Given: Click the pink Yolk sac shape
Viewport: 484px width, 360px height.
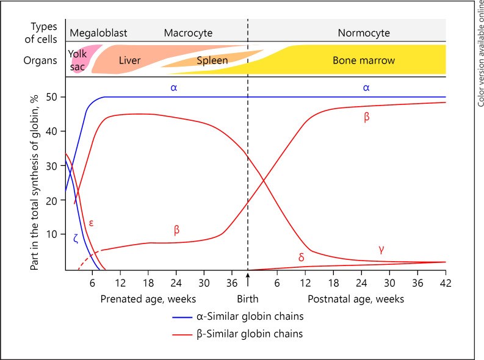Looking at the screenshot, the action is coord(81,59).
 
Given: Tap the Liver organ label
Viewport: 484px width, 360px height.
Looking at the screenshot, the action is coord(129,60).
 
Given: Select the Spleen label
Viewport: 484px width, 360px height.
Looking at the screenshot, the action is coord(212,60).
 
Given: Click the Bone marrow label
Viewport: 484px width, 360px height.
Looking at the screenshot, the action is coord(364,60).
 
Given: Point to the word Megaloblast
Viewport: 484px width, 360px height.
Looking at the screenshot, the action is coord(98,33).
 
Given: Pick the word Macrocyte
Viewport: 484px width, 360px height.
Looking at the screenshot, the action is coord(188,33).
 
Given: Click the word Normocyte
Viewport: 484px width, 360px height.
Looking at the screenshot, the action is coord(364,33).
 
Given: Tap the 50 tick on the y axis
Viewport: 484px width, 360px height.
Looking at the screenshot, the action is coord(51,97).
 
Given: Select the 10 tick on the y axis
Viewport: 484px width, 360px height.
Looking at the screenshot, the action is coord(51,234).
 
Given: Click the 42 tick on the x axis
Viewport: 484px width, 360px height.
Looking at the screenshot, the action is coord(446,283).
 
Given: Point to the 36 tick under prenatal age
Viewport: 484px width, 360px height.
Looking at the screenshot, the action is coord(232,283).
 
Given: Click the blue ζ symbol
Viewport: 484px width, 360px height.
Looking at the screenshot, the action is coord(76,239).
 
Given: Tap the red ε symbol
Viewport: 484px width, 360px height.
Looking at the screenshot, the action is coord(91,223).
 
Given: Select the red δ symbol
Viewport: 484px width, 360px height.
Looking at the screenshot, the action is coord(302,257).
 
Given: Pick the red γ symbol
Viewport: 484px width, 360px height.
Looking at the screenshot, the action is coord(381,250).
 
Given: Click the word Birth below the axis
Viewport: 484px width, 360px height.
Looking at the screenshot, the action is coord(248,299).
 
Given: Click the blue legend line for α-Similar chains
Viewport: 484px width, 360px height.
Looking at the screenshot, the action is coord(182,317).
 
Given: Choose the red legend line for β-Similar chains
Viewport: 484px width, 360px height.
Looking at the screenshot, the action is coord(182,335).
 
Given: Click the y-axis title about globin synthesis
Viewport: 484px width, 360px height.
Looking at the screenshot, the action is coord(34,182).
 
